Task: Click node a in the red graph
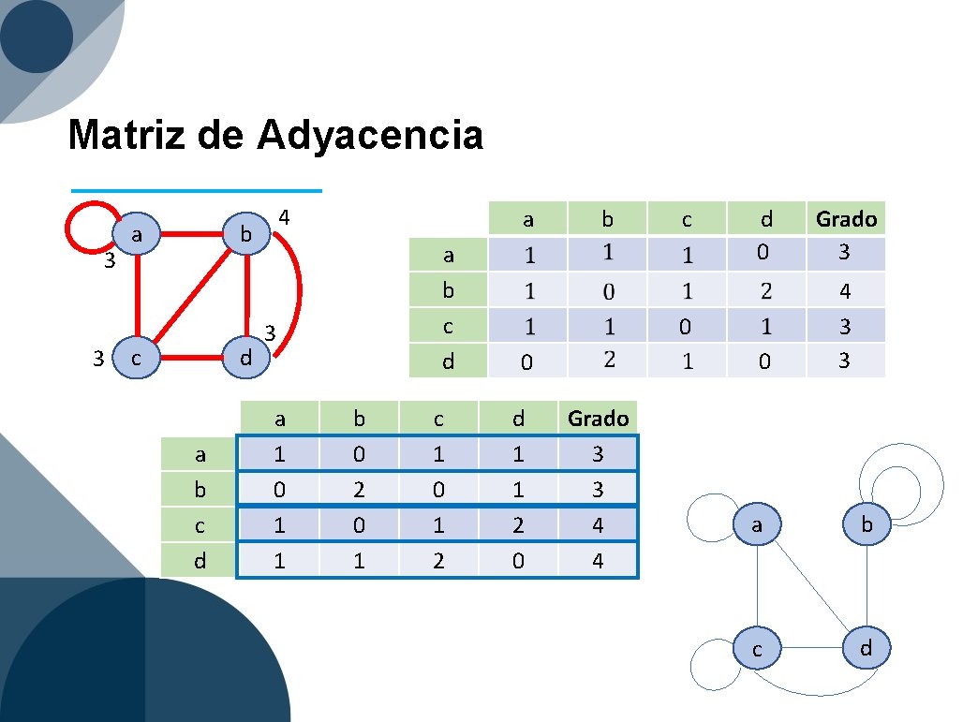click(137, 235)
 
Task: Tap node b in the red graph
click(245, 235)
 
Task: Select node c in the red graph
click(137, 358)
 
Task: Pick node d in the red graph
click(245, 358)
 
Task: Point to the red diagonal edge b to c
click(192, 296)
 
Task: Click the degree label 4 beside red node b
click(286, 218)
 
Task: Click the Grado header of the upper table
click(846, 219)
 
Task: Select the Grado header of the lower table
click(598, 419)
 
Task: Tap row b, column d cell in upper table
click(765, 291)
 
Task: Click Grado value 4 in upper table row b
click(845, 291)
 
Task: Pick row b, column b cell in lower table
click(359, 490)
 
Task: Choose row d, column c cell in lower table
click(438, 561)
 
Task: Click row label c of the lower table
click(199, 525)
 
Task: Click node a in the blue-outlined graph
click(757, 526)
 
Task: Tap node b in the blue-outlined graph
click(867, 525)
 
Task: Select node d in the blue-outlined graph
click(867, 648)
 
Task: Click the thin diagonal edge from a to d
click(810, 585)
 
